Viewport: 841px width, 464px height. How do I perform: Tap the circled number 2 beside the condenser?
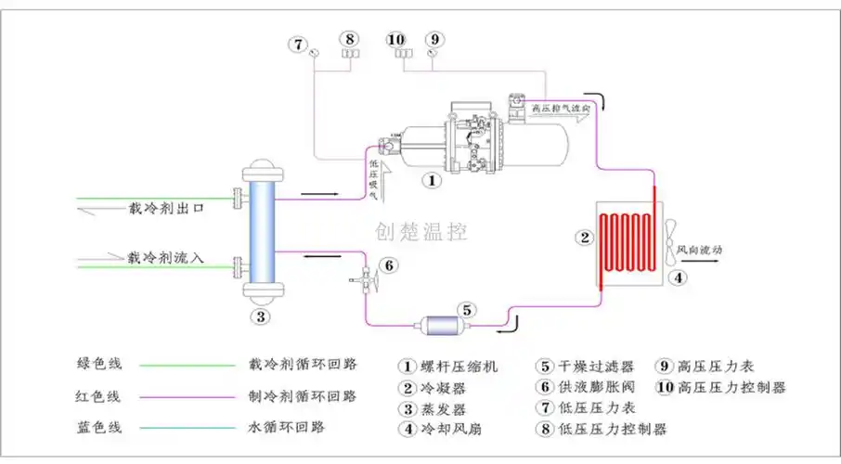click(x=585, y=237)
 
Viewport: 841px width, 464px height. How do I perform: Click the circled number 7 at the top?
click(x=297, y=44)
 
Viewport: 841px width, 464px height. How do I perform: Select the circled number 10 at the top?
click(x=395, y=39)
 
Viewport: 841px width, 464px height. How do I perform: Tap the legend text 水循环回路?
click(x=287, y=427)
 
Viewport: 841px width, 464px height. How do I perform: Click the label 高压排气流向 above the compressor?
click(x=561, y=109)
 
